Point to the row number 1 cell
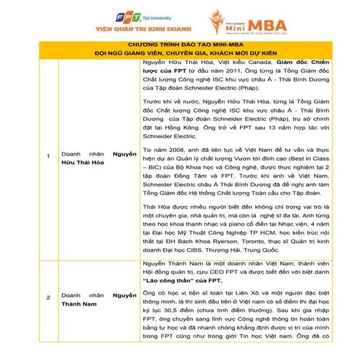[x=48, y=156]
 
